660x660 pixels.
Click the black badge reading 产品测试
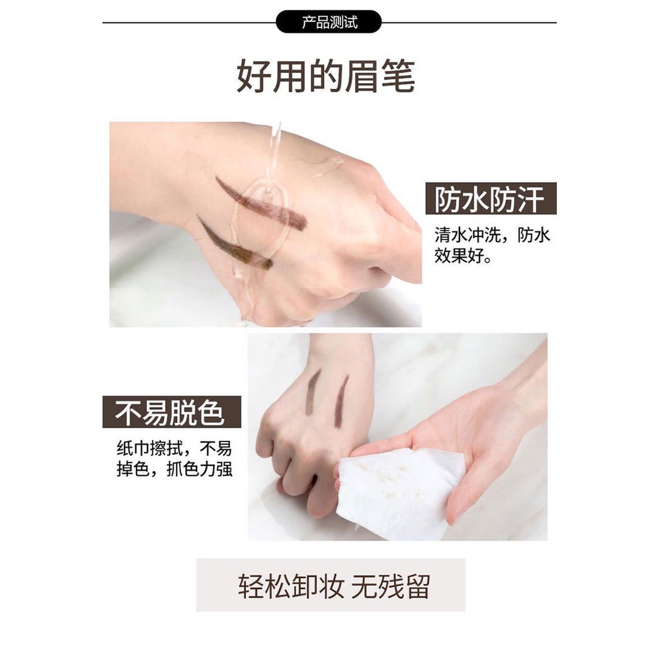pyautogui.click(x=329, y=22)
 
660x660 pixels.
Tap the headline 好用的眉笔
pyautogui.click(x=326, y=76)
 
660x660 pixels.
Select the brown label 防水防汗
pyautogui.click(x=490, y=199)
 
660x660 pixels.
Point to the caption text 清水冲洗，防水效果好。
pyautogui.click(x=492, y=246)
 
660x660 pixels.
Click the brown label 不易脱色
pyautogui.click(x=171, y=412)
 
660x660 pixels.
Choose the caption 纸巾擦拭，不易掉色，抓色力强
pyautogui.click(x=174, y=459)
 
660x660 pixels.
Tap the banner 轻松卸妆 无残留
pyautogui.click(x=331, y=585)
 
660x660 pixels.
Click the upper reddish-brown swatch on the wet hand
pyautogui.click(x=261, y=203)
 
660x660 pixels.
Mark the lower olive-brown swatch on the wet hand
pyautogui.click(x=235, y=243)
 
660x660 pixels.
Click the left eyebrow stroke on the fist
pyautogui.click(x=313, y=392)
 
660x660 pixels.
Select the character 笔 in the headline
pyautogui.click(x=398, y=76)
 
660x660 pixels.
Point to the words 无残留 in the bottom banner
pyautogui.click(x=390, y=586)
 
